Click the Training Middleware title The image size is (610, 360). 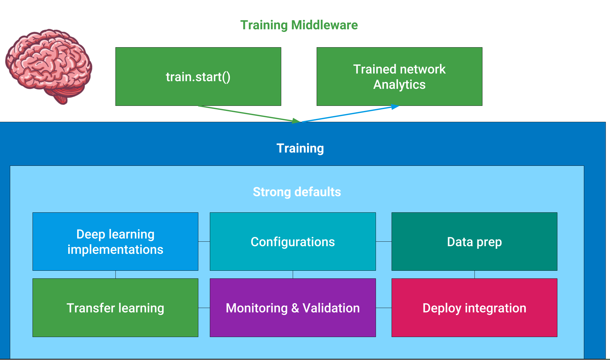click(x=299, y=25)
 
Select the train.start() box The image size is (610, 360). click(x=198, y=77)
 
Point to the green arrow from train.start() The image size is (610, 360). click(x=249, y=114)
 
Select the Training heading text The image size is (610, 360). click(x=300, y=148)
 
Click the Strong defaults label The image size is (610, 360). click(x=297, y=192)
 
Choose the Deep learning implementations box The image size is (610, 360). click(x=115, y=241)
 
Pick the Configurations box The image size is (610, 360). click(x=293, y=241)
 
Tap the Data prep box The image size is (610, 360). click(x=474, y=241)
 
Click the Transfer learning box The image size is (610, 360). click(x=115, y=308)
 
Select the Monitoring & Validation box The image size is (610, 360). click(x=293, y=308)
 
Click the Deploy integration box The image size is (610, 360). click(x=474, y=308)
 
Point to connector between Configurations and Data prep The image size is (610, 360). click(x=384, y=242)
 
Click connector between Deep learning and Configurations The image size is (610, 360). click(x=204, y=242)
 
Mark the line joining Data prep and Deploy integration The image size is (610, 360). click(x=474, y=275)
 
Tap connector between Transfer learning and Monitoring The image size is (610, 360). click(x=204, y=308)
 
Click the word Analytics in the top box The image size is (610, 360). click(x=399, y=85)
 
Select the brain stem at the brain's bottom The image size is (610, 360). click(x=62, y=97)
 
